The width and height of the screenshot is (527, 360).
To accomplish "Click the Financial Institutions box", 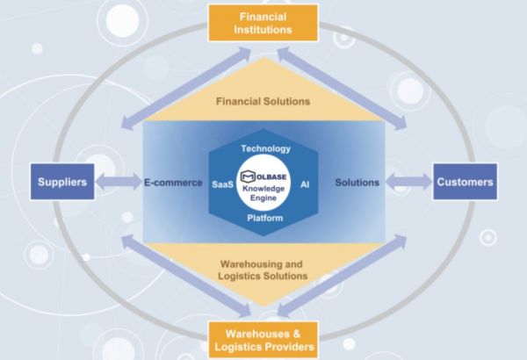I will (263, 22).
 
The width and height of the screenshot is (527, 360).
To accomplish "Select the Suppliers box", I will (61, 183).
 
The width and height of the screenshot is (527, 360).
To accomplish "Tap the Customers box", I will (465, 183).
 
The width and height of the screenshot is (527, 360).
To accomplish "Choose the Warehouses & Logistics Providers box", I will (263, 340).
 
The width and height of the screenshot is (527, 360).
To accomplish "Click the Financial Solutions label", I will (263, 101).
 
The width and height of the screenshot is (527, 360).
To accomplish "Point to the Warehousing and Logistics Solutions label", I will (263, 269).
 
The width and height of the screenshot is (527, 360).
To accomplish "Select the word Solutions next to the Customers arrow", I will (357, 183).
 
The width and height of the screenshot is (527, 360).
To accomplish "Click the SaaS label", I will (222, 184).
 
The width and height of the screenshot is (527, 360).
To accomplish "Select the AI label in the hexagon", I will (305, 184).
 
